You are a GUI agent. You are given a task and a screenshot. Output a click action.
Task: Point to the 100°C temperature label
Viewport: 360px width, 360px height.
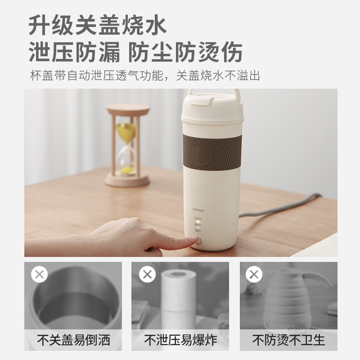[198, 218]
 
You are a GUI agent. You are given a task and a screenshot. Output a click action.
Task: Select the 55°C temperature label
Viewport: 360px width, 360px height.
[198, 230]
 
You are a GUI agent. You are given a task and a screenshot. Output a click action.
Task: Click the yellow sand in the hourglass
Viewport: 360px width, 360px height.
[126, 133]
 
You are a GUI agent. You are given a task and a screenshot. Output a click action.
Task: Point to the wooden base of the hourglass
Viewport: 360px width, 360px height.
[127, 181]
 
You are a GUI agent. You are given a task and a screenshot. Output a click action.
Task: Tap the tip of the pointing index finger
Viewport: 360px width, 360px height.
[193, 242]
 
